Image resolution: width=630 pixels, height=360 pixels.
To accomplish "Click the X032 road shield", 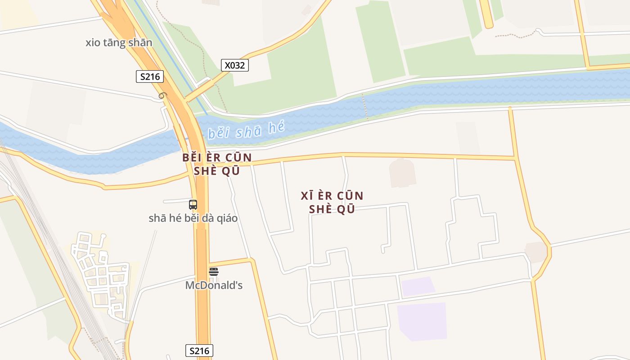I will click(234, 65).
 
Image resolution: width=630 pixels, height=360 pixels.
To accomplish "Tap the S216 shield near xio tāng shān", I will click(149, 76).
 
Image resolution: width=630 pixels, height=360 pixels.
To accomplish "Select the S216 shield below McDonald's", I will click(199, 351).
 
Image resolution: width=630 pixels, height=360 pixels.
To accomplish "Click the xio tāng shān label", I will click(119, 43).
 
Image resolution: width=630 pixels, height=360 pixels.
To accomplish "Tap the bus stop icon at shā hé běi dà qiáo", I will click(193, 204).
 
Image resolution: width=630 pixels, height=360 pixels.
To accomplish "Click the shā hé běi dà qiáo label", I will click(193, 218).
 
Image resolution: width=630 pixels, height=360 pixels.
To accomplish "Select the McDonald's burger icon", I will click(214, 271).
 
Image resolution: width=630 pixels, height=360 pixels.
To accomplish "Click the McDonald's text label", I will click(214, 285).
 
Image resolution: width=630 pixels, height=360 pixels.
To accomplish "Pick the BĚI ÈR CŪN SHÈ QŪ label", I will click(217, 164).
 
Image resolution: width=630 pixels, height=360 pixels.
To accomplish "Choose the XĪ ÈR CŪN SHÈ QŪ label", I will click(332, 202).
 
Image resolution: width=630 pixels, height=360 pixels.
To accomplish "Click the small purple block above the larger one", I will click(418, 286).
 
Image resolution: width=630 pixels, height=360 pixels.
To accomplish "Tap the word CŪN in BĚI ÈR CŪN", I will click(238, 158).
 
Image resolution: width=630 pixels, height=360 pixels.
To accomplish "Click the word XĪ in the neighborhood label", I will click(306, 196).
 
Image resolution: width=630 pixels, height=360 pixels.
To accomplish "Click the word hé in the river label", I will click(276, 127).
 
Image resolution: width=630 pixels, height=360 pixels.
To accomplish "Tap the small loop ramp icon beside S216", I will click(162, 95).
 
